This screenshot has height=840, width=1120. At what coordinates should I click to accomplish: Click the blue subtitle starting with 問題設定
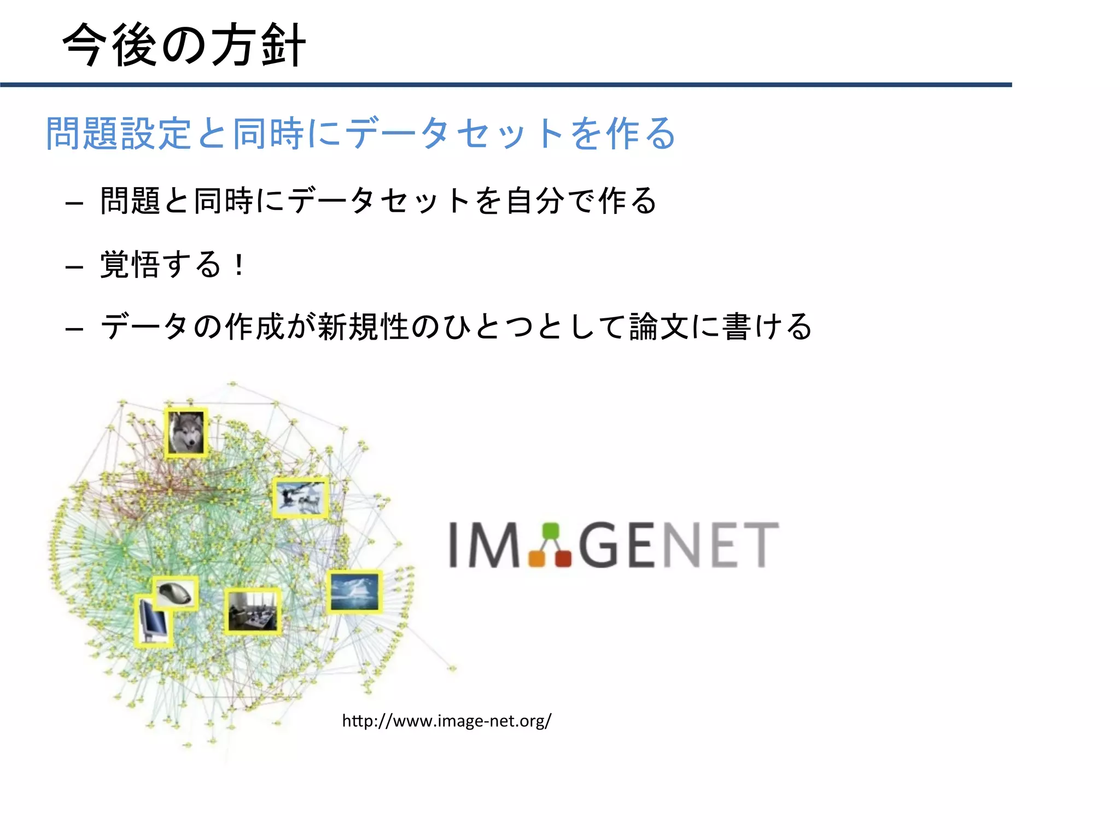point(361,133)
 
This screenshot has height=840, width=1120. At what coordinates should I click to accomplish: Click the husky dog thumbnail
point(186,432)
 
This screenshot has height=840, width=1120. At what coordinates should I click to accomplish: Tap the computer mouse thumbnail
point(175,593)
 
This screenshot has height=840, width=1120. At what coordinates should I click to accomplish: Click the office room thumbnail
point(252,611)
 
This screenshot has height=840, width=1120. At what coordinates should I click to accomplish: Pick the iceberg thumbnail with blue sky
point(354,591)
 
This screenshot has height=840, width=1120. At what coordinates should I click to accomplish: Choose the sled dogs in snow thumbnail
point(300,497)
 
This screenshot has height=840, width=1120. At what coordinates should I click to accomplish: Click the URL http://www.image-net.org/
point(446,721)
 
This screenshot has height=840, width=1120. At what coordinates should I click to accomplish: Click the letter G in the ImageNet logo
point(601,545)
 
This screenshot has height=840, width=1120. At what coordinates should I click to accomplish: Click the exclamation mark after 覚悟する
point(239,265)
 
